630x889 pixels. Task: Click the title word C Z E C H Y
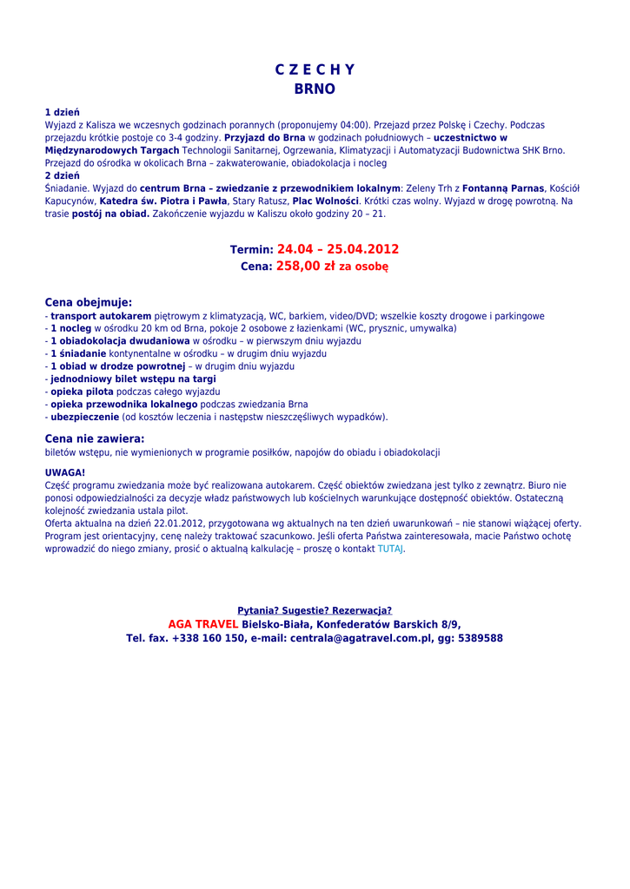pos(315,70)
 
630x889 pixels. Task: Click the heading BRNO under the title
pos(315,89)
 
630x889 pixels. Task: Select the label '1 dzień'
pos(63,113)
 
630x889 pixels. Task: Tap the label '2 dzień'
pos(63,175)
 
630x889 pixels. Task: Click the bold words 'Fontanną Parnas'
pos(503,188)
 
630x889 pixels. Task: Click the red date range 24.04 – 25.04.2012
pos(338,249)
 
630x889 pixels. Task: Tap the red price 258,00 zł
pos(305,267)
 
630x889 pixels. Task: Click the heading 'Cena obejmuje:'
pos(89,302)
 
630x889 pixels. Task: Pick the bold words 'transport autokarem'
pos(101,316)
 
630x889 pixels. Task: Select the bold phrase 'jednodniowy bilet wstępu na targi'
pos(133,379)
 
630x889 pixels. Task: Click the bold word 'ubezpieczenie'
pos(84,417)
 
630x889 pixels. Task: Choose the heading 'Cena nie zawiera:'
pos(95,438)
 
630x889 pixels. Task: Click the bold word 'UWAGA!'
pos(65,472)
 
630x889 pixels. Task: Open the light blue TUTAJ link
pos(390,549)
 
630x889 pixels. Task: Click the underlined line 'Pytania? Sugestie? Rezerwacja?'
pos(315,610)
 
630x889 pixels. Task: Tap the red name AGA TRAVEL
pos(202,624)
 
